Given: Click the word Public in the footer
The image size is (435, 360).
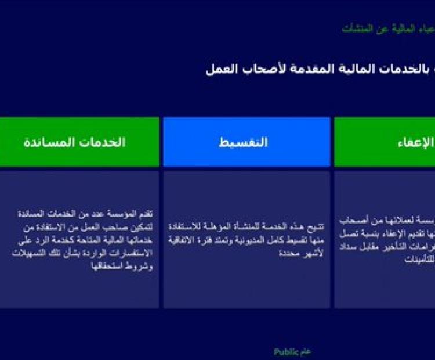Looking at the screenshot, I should [x=286, y=352].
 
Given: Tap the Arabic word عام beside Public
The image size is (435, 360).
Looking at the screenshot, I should [x=305, y=352].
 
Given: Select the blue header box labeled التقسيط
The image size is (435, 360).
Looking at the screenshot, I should [x=246, y=142].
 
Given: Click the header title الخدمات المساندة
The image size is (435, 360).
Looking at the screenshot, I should [x=75, y=142].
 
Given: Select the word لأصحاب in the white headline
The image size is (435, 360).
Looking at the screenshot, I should [x=260, y=69].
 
